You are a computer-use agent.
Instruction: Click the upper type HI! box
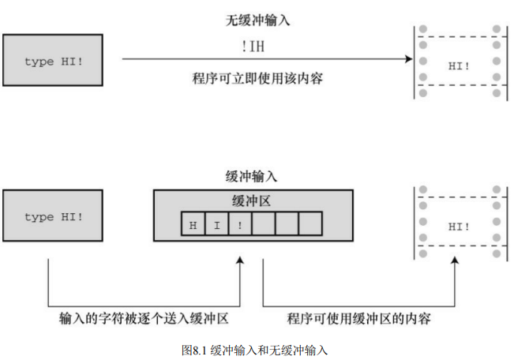[53, 61]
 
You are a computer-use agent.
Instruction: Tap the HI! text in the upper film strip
[459, 64]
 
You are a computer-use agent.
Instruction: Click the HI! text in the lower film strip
[459, 226]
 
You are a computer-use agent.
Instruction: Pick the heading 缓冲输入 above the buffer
[251, 177]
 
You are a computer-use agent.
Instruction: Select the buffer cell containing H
[193, 224]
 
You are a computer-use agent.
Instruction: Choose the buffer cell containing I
[216, 224]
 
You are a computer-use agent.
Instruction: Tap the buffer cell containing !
[240, 224]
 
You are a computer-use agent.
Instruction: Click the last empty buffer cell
[310, 224]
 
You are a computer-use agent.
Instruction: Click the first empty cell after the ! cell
[264, 224]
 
